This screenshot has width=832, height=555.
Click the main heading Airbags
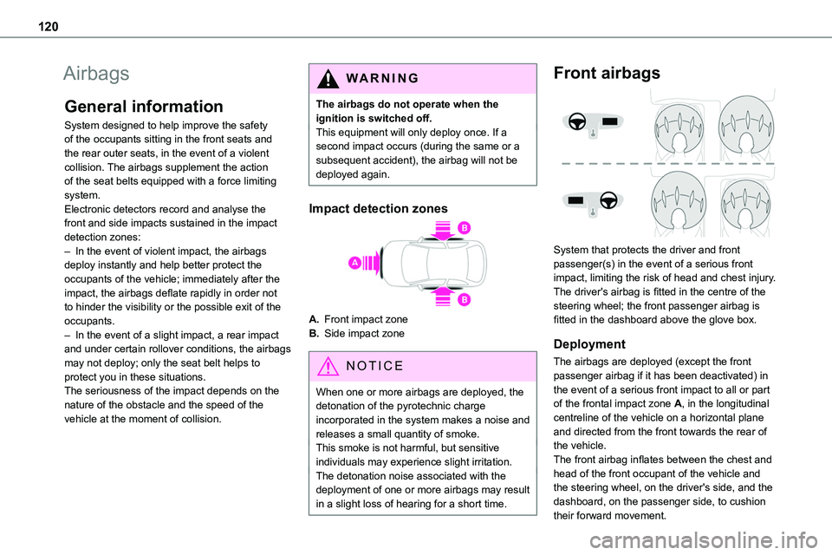click(x=98, y=74)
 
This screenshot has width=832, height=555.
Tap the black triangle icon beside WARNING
click(x=330, y=78)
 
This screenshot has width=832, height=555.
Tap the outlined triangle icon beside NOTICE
click(x=330, y=367)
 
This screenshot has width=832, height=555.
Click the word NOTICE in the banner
click(x=374, y=367)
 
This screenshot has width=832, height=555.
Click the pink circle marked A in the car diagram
click(x=355, y=263)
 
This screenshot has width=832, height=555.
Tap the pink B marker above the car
click(x=464, y=227)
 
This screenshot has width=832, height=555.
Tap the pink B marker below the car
click(x=464, y=299)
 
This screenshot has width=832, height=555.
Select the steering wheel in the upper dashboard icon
click(x=579, y=121)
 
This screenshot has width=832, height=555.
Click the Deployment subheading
click(x=588, y=344)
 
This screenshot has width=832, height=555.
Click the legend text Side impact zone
click(x=371, y=333)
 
